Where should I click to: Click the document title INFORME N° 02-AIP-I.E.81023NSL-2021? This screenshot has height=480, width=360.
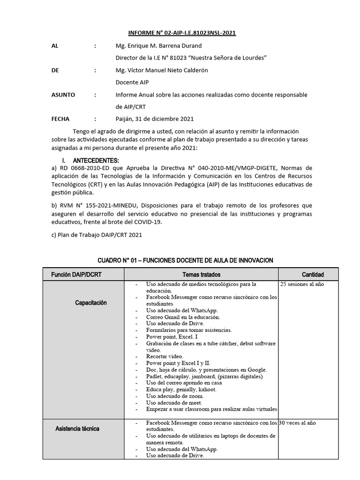coord(182,33)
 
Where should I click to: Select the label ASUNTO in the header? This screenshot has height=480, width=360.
coord(63,95)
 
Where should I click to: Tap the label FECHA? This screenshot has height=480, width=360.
coord(60,119)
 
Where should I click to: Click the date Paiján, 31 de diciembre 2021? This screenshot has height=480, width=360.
coord(154,119)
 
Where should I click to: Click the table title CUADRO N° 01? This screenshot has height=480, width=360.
coord(185,260)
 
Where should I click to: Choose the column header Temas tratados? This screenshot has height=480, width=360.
coord(202,275)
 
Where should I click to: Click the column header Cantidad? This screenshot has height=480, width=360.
coord(313,275)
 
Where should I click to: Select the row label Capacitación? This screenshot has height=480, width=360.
coord(91,303)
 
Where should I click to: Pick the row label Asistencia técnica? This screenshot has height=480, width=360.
coord(77,429)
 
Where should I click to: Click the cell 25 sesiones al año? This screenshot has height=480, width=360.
coord(302,284)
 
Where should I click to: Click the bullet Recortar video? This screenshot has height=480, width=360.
coord(165,356)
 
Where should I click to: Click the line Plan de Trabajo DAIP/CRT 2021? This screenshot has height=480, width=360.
coord(97,235)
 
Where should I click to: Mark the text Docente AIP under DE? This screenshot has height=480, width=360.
coord(132,82)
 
